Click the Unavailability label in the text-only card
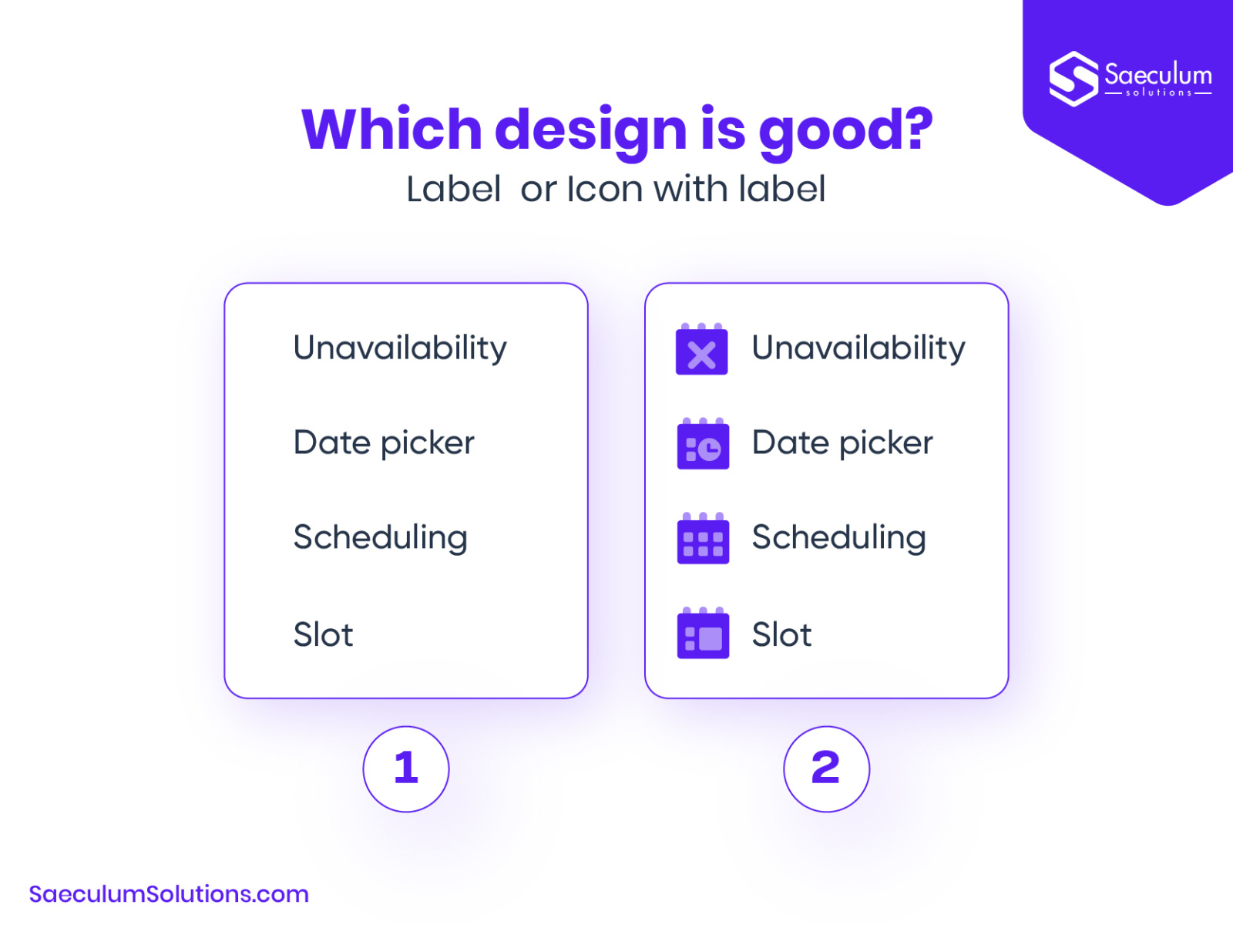coord(400,348)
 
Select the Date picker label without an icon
coord(384,443)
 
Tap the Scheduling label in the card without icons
coord(380,538)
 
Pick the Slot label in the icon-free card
coord(323,635)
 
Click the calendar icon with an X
coord(701,351)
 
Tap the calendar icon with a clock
coord(703,445)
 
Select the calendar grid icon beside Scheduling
coord(703,540)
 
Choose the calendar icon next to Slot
coord(703,634)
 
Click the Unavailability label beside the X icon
coord(858,348)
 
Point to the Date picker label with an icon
coord(842,443)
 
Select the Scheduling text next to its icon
coord(838,538)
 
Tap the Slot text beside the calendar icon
coord(781,635)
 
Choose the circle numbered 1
coord(406,769)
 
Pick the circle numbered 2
coord(826,769)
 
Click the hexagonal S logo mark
coord(1073,79)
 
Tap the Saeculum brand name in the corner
coord(1157,76)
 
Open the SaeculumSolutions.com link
coord(169,894)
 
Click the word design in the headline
coord(590,129)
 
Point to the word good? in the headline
coord(845,129)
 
